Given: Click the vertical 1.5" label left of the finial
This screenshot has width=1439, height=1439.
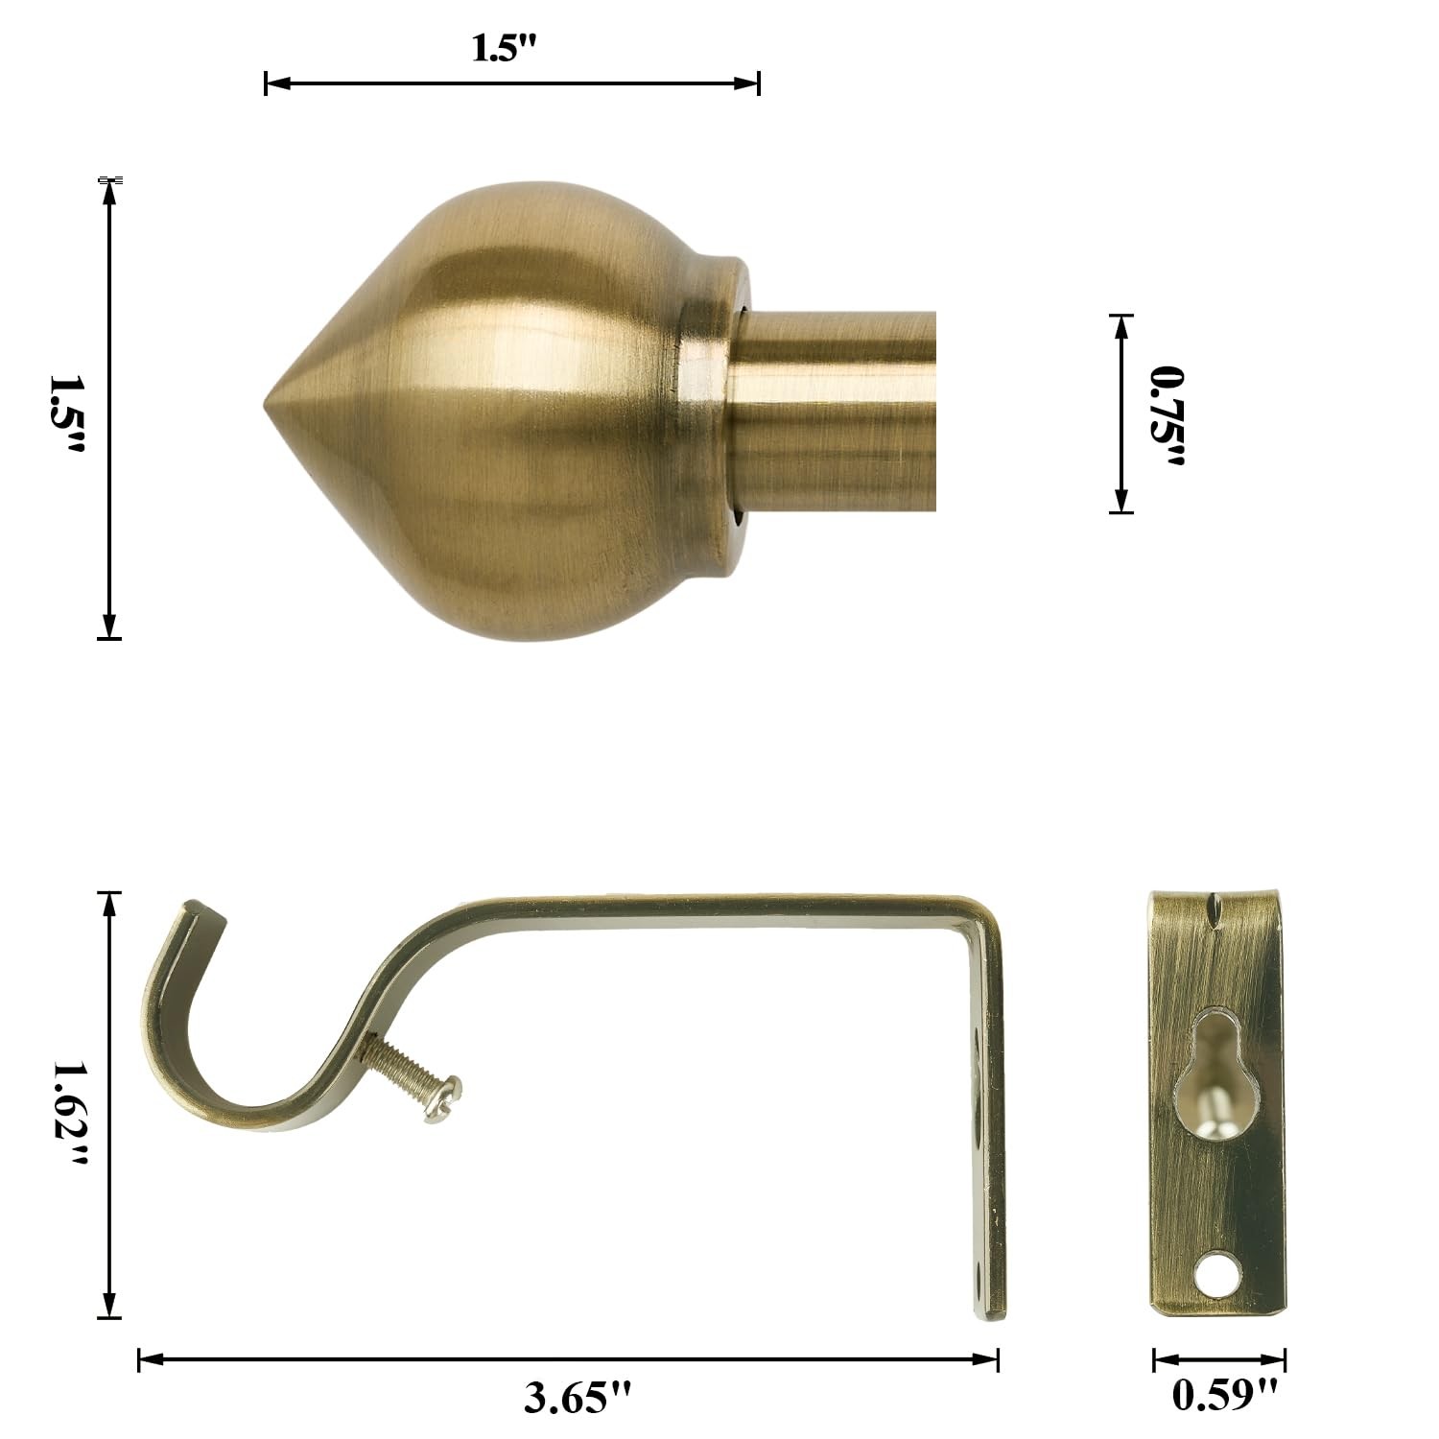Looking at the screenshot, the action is coord(68,413).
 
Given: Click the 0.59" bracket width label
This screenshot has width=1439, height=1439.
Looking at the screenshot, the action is coord(1225,1394).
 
